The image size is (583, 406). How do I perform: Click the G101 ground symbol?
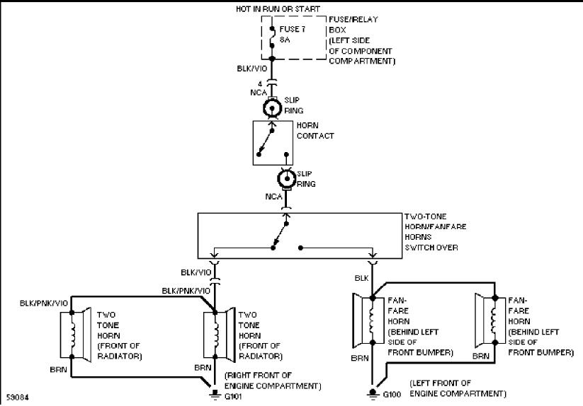215,395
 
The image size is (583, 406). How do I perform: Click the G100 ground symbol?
373,394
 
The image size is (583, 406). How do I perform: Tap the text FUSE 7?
293,29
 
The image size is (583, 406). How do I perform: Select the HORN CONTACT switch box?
273,143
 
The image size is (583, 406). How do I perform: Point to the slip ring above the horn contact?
272,109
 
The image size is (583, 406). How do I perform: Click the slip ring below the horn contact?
287,179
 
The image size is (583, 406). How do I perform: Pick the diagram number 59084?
17,398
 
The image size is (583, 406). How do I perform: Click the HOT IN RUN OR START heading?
278,9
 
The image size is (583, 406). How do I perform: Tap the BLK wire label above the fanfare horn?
361,278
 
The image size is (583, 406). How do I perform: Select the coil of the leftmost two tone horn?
73,335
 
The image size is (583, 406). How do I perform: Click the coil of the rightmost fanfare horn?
494,320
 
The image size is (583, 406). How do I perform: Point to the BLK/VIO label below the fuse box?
251,69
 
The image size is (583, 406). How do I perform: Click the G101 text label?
233,396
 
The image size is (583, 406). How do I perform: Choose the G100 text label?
392,394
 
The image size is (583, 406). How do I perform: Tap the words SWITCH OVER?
431,247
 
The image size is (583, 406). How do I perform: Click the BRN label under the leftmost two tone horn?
58,370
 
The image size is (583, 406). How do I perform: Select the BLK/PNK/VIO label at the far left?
44,303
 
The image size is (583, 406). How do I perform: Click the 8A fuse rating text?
285,40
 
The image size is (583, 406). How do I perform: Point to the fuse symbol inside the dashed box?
272,37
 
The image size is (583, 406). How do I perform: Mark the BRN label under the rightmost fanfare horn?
481,356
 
